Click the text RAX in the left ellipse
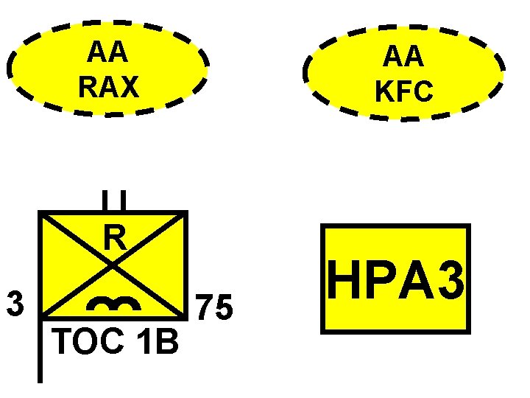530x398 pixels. click(107, 87)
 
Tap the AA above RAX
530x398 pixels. click(107, 52)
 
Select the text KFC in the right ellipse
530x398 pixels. click(404, 91)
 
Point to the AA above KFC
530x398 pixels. click(404, 57)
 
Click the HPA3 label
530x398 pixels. click(396, 279)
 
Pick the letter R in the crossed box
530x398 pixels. click(113, 238)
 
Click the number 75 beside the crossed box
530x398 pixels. click(213, 308)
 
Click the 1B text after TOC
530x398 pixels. click(156, 341)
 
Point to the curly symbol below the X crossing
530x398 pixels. click(113, 304)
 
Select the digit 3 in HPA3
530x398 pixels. click(451, 279)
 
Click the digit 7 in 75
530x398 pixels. click(204, 308)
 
